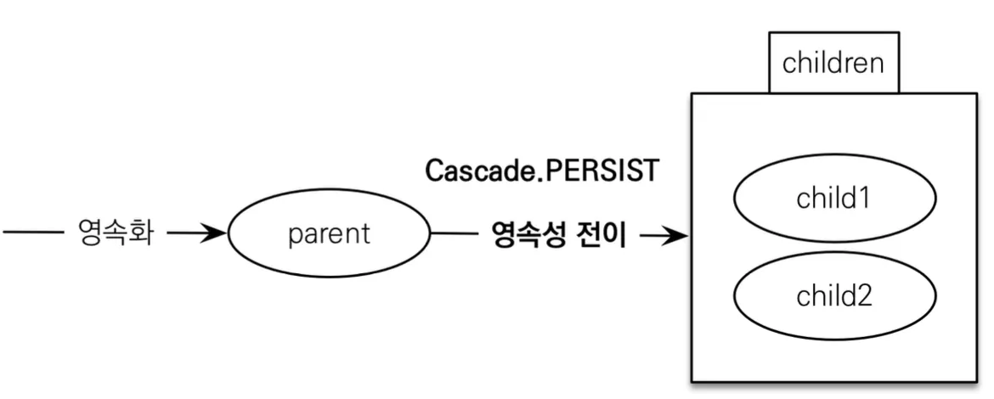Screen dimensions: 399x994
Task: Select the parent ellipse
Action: pyautogui.click(x=330, y=233)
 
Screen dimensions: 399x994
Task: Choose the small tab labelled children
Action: pyautogui.click(x=833, y=63)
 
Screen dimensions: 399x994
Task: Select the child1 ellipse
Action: pyautogui.click(x=834, y=199)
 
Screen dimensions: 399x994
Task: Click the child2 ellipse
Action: pyautogui.click(x=834, y=295)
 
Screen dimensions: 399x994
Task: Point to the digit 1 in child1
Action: pyautogui.click(x=867, y=199)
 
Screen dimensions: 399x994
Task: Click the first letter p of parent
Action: pyautogui.click(x=293, y=235)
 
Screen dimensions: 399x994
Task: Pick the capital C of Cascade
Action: pyautogui.click(x=434, y=171)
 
